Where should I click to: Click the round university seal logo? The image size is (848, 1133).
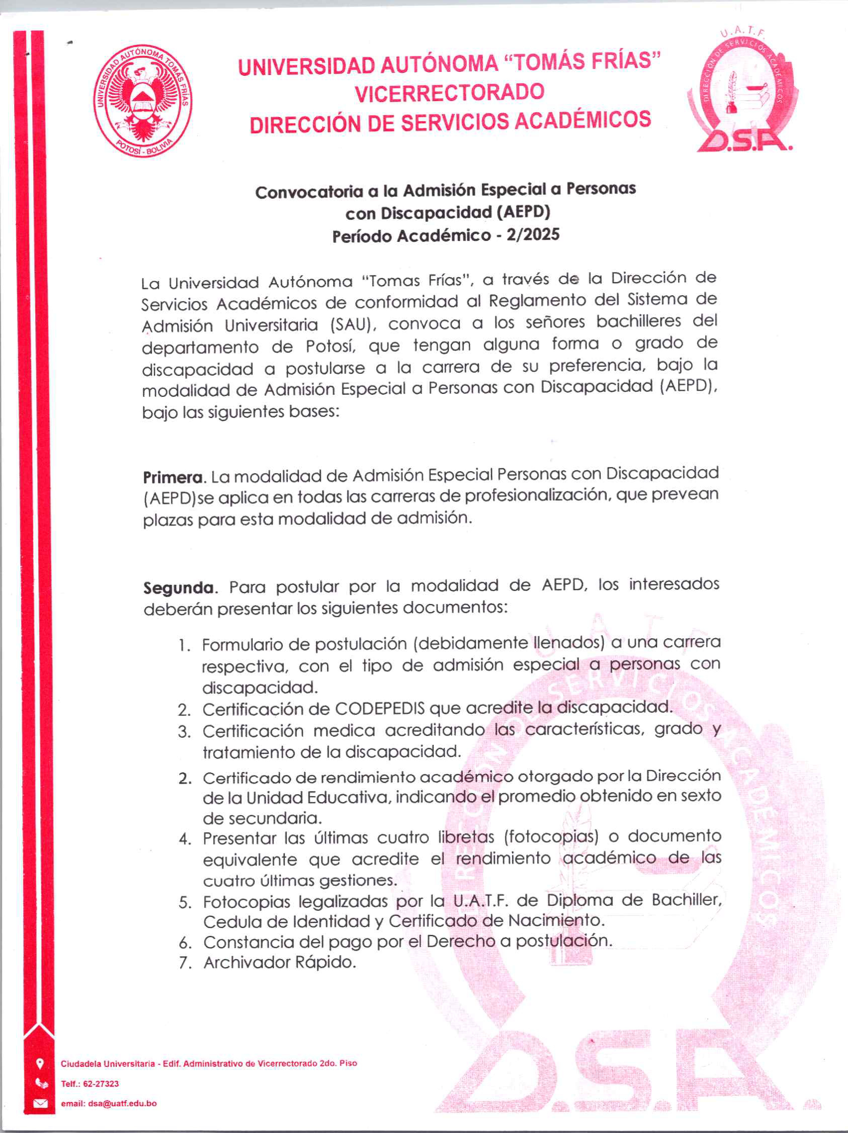[x=143, y=101]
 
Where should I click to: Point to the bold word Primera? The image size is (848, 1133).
[x=173, y=477]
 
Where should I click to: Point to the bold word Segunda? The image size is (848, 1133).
[x=178, y=587]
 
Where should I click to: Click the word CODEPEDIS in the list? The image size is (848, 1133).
[x=380, y=709]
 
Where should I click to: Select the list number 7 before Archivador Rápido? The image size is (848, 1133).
[x=185, y=963]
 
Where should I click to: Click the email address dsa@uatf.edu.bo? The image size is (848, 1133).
[x=122, y=1103]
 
